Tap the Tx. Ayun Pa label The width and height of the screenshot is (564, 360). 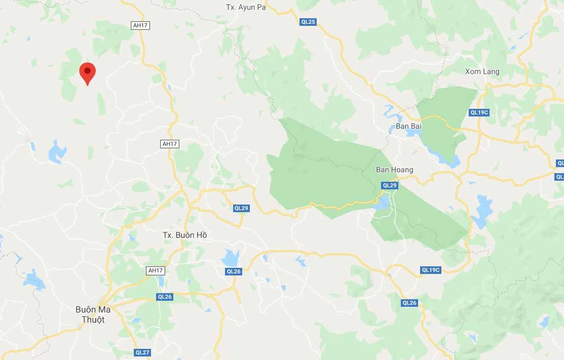pyautogui.click(x=246, y=7)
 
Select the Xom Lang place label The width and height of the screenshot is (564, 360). pyautogui.click(x=482, y=71)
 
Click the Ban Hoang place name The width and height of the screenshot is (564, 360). pyautogui.click(x=394, y=170)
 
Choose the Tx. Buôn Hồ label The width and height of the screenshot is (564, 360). pyautogui.click(x=184, y=235)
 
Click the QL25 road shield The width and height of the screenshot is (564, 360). pyautogui.click(x=308, y=22)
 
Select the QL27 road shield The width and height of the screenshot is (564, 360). pyautogui.click(x=143, y=352)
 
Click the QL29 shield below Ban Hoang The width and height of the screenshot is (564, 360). pyautogui.click(x=390, y=185)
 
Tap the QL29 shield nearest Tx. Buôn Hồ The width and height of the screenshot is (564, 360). pyautogui.click(x=241, y=208)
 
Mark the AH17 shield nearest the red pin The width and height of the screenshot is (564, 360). pyautogui.click(x=141, y=25)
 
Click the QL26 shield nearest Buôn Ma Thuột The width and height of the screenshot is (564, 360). pyautogui.click(x=165, y=297)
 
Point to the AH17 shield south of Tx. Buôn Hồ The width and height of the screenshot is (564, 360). pyautogui.click(x=155, y=270)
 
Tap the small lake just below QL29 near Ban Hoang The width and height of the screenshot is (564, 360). pyautogui.click(x=383, y=203)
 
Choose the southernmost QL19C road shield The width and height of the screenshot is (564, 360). pyautogui.click(x=431, y=270)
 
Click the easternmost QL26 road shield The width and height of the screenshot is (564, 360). pyautogui.click(x=409, y=303)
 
